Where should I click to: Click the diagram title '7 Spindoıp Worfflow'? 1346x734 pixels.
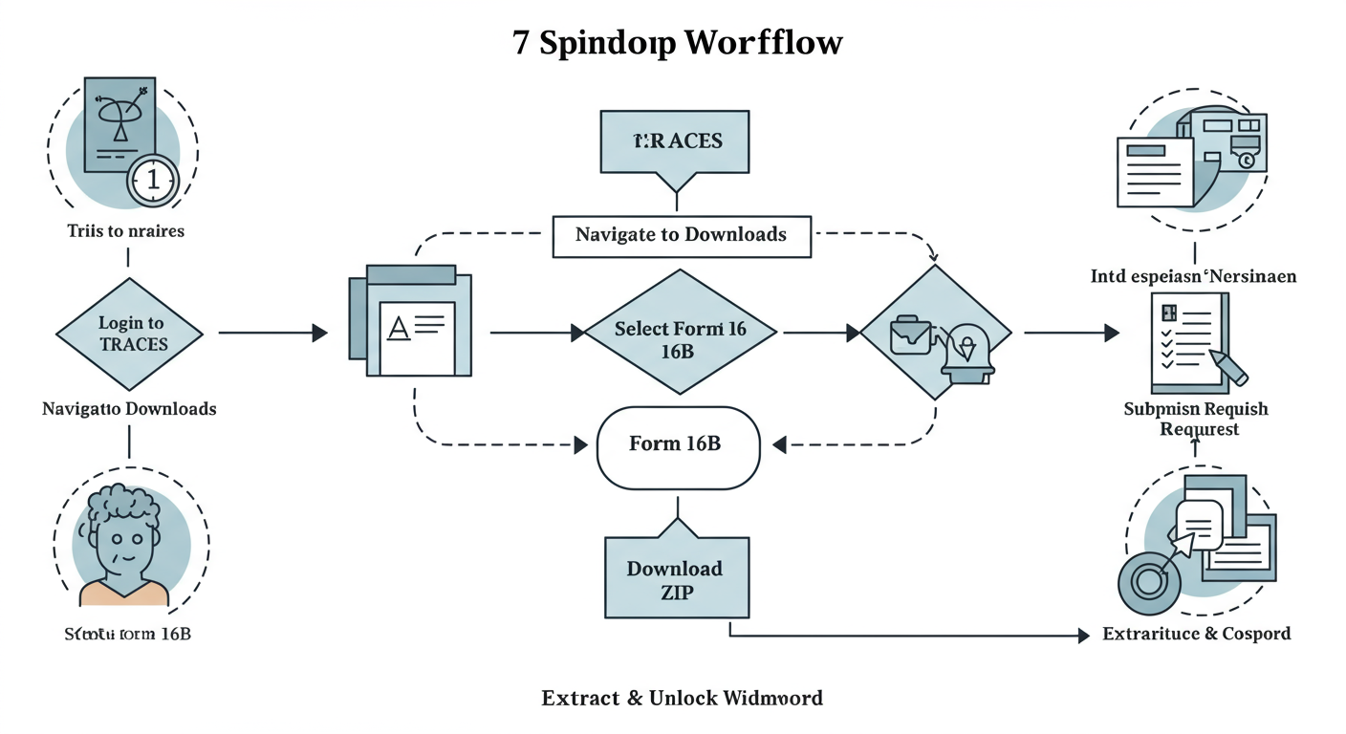[678, 43]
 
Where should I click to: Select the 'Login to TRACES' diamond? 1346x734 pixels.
[130, 334]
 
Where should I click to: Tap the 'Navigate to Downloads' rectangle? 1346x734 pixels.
[681, 235]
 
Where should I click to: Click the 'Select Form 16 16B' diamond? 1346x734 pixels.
[680, 334]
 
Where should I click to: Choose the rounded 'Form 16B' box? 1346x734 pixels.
[678, 445]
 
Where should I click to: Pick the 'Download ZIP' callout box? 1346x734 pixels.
[676, 579]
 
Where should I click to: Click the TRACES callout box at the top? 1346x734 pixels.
[677, 141]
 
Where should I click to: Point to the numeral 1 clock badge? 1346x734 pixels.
[153, 179]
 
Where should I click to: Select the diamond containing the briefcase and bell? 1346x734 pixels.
[935, 334]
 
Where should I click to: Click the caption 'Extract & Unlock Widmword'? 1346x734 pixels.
[682, 698]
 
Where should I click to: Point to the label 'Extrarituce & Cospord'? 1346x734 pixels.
[1196, 634]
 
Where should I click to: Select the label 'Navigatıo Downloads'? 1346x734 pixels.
[129, 409]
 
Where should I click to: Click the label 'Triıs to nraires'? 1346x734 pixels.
[126, 230]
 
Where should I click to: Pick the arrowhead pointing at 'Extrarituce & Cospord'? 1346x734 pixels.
[1083, 636]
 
